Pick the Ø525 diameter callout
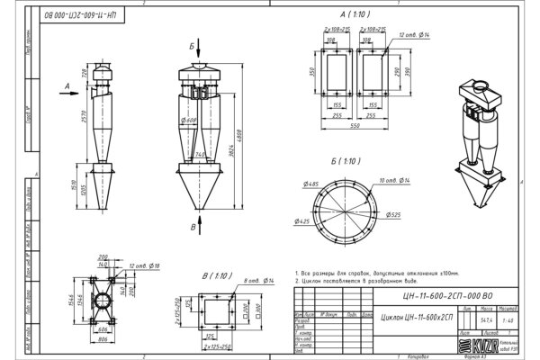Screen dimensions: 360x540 pos(392,216)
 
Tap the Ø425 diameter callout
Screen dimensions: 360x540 pos(301,220)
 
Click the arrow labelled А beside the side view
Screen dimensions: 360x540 pos(67,87)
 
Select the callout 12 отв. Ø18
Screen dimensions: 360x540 pos(144,267)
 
